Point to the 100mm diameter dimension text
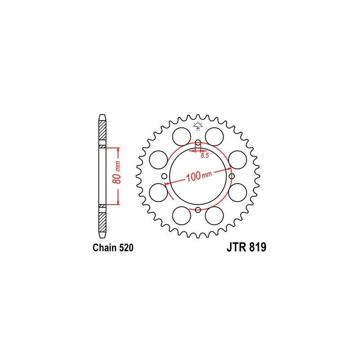pyautogui.click(x=197, y=177)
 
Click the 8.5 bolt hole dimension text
pyautogui.click(x=205, y=156)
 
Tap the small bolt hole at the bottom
pyautogui.click(x=198, y=210)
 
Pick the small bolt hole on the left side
pyautogui.click(x=165, y=176)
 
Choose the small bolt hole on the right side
pyautogui.click(x=231, y=176)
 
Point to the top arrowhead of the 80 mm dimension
pyautogui.click(x=118, y=149)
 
